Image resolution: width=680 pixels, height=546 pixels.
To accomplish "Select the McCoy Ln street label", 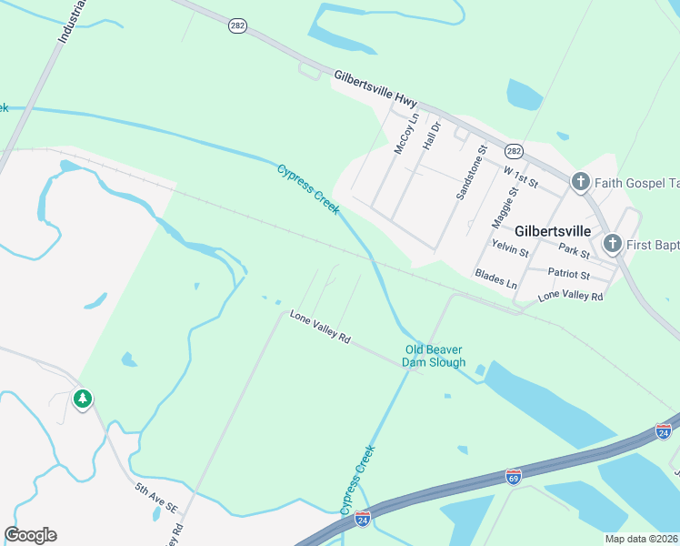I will tap(405, 133).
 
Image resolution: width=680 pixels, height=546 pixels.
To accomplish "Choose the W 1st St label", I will tap(520, 177).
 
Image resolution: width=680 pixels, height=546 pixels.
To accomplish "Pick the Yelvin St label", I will tap(510, 248).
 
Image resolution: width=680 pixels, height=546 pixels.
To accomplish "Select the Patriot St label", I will tap(570, 274).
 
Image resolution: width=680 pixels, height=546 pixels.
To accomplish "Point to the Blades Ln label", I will tap(495, 278).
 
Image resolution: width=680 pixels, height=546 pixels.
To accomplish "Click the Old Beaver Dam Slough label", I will tap(435, 356).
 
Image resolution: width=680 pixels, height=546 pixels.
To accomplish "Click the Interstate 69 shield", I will tap(514, 475).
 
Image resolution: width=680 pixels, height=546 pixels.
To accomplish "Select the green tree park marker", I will tap(83, 399).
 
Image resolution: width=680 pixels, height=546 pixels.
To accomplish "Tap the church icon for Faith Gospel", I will tap(581, 183).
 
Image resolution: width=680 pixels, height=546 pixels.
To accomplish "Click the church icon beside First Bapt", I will tap(613, 244).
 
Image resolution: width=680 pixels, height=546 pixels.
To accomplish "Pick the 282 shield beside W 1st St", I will tap(515, 151).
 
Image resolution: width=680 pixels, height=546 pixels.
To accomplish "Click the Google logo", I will tap(30, 534).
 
